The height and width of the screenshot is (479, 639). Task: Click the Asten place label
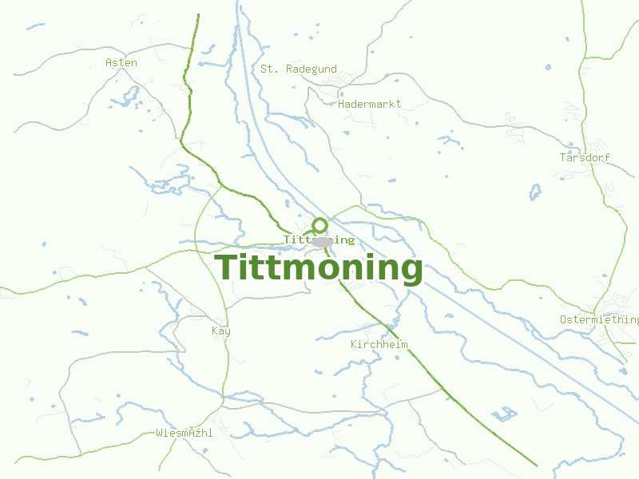click(121, 62)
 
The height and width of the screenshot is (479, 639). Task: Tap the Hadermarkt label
click(369, 104)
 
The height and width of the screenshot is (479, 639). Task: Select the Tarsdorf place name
click(585, 157)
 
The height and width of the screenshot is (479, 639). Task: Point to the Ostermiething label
click(599, 319)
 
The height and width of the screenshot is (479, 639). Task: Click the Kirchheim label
click(379, 345)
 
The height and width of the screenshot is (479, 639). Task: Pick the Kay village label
click(220, 331)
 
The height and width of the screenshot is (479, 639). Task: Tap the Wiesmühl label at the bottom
click(185, 433)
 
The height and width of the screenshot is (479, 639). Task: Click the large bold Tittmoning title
click(319, 267)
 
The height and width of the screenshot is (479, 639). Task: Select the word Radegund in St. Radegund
click(312, 69)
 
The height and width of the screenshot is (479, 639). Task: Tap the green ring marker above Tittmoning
click(319, 224)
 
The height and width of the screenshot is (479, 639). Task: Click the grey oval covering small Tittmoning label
click(322, 240)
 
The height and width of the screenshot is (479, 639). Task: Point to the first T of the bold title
click(227, 267)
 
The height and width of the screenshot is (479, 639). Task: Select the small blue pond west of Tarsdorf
click(535, 192)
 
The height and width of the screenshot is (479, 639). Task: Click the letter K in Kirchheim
click(354, 345)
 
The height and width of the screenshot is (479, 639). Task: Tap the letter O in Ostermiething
click(563, 319)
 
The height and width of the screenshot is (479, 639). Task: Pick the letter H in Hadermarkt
click(341, 104)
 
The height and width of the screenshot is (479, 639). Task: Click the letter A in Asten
click(109, 62)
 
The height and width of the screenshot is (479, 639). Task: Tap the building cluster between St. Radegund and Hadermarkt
click(345, 80)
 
